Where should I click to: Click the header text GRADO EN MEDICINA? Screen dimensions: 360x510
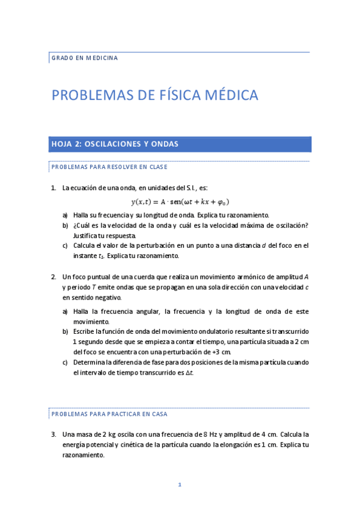tap(85, 58)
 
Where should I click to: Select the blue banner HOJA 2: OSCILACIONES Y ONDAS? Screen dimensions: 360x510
tap(180, 144)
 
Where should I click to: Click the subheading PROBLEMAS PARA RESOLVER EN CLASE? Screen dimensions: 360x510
tap(109, 167)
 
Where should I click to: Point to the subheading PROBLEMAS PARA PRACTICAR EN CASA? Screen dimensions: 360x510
tap(109, 414)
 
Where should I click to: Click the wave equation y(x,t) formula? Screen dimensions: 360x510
tap(180, 202)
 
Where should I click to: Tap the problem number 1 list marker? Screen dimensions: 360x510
tap(53, 188)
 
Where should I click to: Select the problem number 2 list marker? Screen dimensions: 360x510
tap(53, 277)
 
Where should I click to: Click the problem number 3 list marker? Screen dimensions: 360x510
tap(53, 434)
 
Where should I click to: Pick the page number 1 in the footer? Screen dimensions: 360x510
tap(180, 485)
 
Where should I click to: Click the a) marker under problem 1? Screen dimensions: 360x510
tap(65, 215)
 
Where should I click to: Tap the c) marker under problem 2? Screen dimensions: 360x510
tap(65, 363)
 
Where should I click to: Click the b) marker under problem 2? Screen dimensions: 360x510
tap(65, 331)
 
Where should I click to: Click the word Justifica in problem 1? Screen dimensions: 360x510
tap(87, 235)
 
